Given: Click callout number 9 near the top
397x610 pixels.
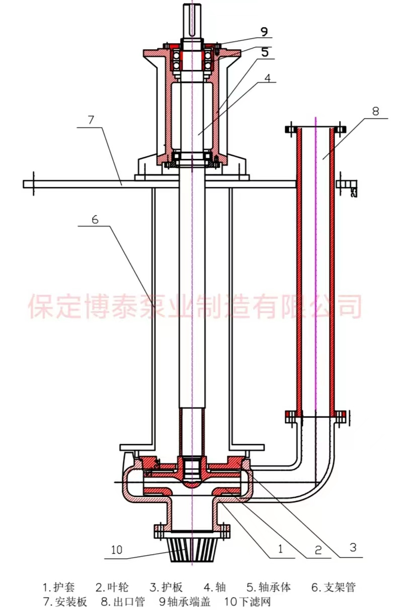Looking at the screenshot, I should click(264, 31).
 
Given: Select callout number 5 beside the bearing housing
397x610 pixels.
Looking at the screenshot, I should click(265, 52).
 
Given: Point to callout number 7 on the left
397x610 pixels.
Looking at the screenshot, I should click(91, 120).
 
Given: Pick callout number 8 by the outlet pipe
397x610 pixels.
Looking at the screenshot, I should click(375, 111).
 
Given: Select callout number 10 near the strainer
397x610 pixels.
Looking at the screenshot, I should click(117, 550).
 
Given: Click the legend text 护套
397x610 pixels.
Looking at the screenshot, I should click(65, 587).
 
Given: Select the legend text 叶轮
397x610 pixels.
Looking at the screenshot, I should click(119, 587).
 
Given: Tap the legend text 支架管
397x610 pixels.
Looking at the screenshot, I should click(340, 587).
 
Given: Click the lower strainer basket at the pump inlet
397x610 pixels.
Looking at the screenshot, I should click(192, 550).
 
